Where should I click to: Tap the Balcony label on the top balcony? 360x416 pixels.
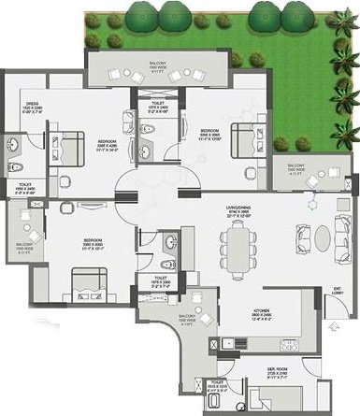[x=158, y=66]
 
